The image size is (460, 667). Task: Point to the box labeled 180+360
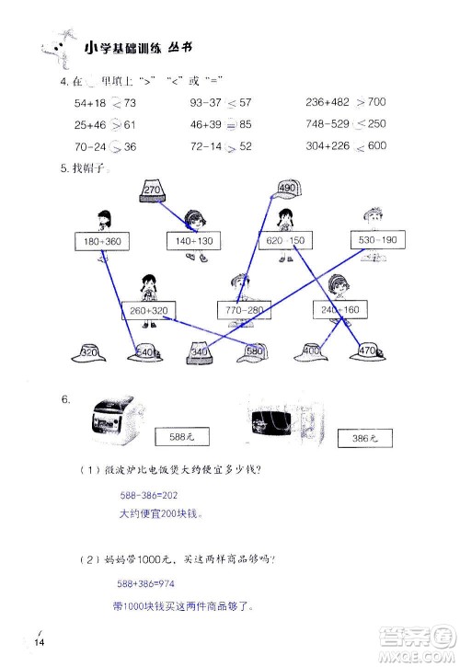(101, 241)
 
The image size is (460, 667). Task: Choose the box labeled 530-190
(375, 241)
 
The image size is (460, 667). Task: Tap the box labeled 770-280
(244, 311)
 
